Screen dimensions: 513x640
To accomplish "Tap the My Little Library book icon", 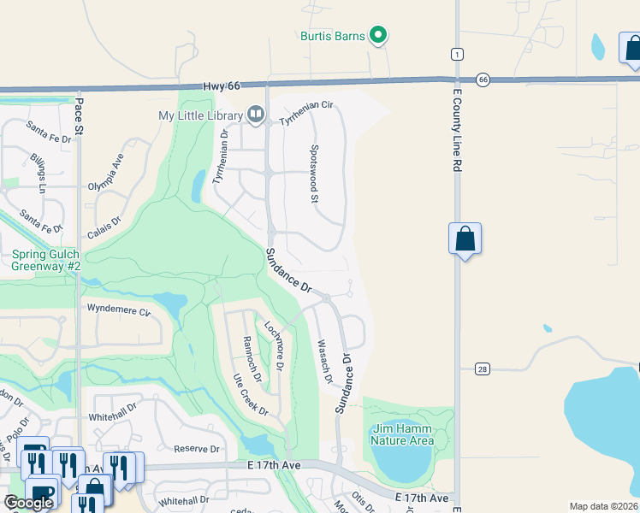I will click(254, 114).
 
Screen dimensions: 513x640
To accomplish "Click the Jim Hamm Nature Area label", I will click(402, 435).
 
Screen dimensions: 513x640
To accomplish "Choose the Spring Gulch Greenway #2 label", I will click(46, 260).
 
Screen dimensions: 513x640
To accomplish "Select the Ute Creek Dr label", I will click(250, 394).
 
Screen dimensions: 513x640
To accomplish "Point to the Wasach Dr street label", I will click(324, 360).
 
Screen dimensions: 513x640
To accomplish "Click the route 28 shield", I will click(483, 369).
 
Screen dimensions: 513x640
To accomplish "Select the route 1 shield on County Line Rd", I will click(457, 55).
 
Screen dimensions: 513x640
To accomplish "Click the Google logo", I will click(28, 503).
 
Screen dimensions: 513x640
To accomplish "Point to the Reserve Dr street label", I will click(198, 449).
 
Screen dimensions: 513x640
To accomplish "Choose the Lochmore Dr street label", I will click(274, 344).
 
